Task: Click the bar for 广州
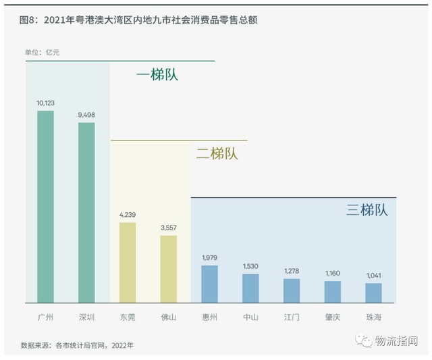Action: pyautogui.click(x=45, y=207)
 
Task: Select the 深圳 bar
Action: pyautogui.click(x=86, y=212)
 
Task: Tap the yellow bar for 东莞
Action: pyautogui.click(x=128, y=262)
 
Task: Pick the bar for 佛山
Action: pyautogui.click(x=169, y=269)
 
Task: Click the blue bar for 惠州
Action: pyautogui.click(x=210, y=284)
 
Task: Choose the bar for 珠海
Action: pyautogui.click(x=373, y=292)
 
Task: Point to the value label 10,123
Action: pyautogui.click(x=45, y=103)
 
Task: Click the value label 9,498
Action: pyautogui.click(x=86, y=115)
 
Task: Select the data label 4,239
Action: pyautogui.click(x=128, y=215)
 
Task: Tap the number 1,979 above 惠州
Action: pyautogui.click(x=210, y=258)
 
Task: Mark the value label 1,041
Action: pyautogui.click(x=373, y=276)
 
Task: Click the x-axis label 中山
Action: pyautogui.click(x=251, y=315)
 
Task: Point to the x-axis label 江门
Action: pyautogui.click(x=292, y=315)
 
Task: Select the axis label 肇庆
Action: pyautogui.click(x=333, y=315)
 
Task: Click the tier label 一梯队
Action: pyautogui.click(x=157, y=74)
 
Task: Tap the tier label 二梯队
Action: pyautogui.click(x=217, y=153)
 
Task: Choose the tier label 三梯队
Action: pyautogui.click(x=367, y=209)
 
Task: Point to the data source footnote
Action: pyautogui.click(x=77, y=345)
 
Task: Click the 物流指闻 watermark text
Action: pyautogui.click(x=396, y=341)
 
